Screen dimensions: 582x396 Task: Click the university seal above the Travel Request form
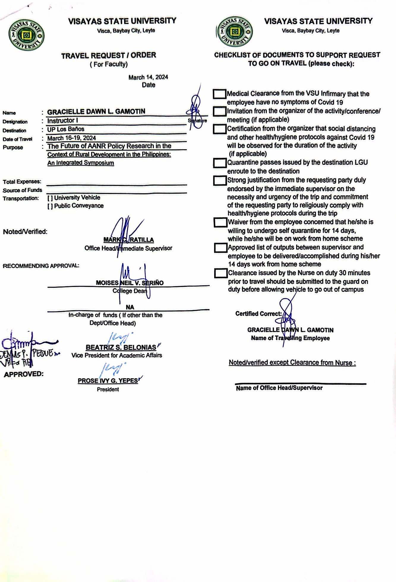(x=26, y=35)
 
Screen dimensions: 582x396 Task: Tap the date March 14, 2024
(x=148, y=77)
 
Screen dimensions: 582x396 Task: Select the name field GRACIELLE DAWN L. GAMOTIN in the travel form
(x=96, y=112)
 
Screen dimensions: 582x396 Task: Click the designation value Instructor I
(x=61, y=121)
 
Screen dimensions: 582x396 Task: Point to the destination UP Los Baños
(x=66, y=129)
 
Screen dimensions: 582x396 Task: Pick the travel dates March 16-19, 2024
(x=72, y=138)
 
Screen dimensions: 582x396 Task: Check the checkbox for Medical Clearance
(x=220, y=94)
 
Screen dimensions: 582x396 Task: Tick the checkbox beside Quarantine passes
(x=220, y=163)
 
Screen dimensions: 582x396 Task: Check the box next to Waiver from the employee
(x=220, y=222)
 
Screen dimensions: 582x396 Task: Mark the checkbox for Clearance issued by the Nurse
(x=220, y=273)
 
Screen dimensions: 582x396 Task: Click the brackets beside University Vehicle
(x=50, y=198)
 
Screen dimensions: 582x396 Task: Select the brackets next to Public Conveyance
(x=50, y=206)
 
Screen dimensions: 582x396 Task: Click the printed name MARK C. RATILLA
(x=129, y=240)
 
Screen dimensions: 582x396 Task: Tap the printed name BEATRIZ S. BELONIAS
(x=121, y=347)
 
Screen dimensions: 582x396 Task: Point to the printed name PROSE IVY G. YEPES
(x=108, y=381)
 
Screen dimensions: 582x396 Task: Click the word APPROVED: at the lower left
(x=24, y=374)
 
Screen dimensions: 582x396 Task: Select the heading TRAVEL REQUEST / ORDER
(x=109, y=56)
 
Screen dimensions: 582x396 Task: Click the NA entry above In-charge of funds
(x=130, y=307)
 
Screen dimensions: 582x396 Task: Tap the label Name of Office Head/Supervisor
(x=279, y=388)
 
